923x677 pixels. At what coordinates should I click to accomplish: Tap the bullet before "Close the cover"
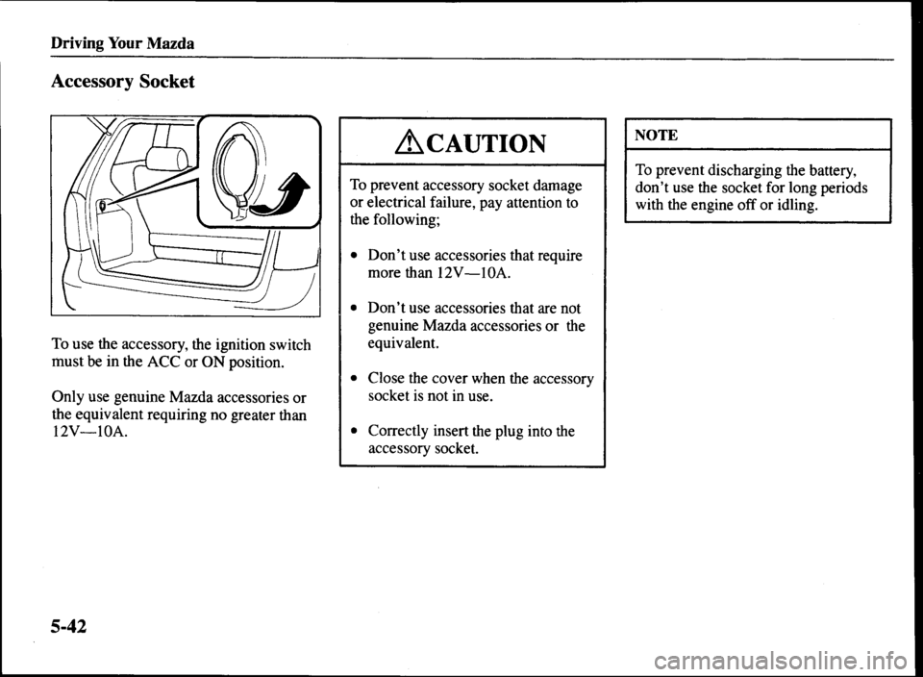pyautogui.click(x=355, y=378)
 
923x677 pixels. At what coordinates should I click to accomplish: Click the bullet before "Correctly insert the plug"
pyautogui.click(x=355, y=432)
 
